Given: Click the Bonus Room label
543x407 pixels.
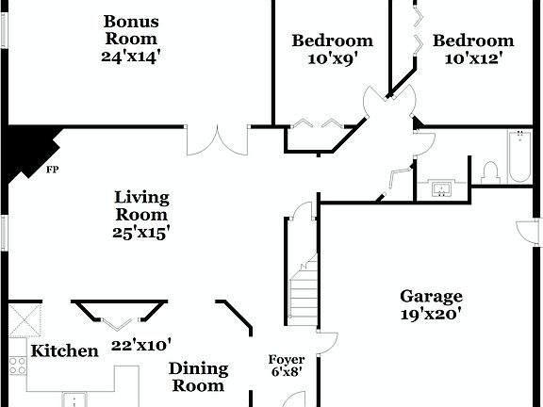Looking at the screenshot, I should tap(131, 30).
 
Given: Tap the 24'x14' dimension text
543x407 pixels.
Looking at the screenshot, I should tap(131, 56).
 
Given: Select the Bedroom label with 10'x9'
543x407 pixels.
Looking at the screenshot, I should tap(332, 41).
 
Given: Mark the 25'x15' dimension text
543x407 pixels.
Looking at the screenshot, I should tap(142, 232).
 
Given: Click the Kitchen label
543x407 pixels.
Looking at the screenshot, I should tap(64, 351).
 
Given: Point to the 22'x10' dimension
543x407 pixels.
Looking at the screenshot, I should tap(141, 345).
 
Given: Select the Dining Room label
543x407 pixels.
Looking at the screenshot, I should tap(198, 377).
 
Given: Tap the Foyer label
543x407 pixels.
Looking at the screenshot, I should tap(286, 360).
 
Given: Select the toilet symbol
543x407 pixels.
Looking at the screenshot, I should tap(489, 171).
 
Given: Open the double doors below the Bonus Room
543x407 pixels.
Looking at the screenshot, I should tap(217, 139).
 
